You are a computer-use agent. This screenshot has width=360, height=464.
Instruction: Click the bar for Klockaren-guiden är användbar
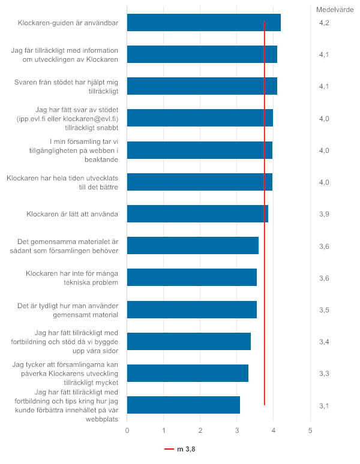pyautogui.click(x=203, y=23)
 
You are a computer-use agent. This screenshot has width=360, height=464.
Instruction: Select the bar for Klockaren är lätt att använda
pyautogui.click(x=197, y=213)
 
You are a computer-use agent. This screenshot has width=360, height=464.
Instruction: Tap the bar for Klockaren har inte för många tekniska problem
pyautogui.click(x=192, y=278)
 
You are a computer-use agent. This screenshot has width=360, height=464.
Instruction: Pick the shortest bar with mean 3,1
pyautogui.click(x=184, y=405)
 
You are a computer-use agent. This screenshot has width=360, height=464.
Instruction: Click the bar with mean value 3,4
pyautogui.click(x=189, y=341)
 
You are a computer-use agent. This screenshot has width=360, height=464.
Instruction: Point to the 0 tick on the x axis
pyautogui.click(x=127, y=430)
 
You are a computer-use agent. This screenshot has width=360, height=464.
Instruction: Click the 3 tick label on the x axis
pyautogui.click(x=237, y=430)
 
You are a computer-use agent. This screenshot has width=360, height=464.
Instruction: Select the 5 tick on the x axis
pyautogui.click(x=310, y=430)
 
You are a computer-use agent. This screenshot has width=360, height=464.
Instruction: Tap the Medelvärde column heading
pyautogui.click(x=335, y=10)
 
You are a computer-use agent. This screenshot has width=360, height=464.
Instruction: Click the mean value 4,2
pyautogui.click(x=324, y=23)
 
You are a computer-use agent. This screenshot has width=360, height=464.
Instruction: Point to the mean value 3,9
pyautogui.click(x=324, y=214)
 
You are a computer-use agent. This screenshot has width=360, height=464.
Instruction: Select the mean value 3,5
pyautogui.click(x=324, y=310)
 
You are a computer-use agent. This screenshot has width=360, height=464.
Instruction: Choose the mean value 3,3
pyautogui.click(x=324, y=373)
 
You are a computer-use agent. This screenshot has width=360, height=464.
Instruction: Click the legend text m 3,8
pyautogui.click(x=186, y=449)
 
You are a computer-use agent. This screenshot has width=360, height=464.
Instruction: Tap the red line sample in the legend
pyautogui.click(x=169, y=449)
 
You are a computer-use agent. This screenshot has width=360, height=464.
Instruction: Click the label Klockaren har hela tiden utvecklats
pyautogui.click(x=62, y=178)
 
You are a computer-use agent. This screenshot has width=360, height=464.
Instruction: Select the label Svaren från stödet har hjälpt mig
pyautogui.click(x=66, y=82)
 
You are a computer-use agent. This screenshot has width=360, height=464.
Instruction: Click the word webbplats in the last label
pyautogui.click(x=102, y=419)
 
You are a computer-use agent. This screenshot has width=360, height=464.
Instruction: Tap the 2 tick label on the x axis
pyautogui.click(x=200, y=430)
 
